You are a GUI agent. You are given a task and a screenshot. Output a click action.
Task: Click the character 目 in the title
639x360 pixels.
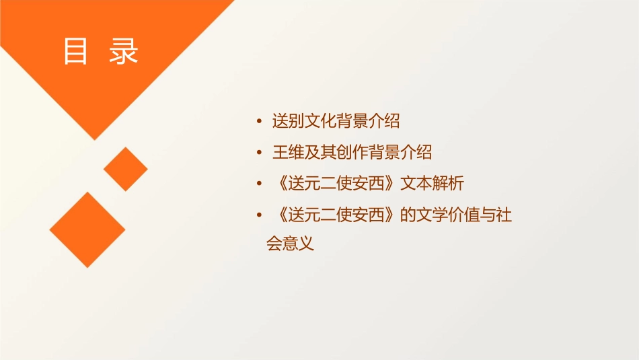point(75,52)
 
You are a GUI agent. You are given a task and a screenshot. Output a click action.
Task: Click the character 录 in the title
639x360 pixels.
point(124,52)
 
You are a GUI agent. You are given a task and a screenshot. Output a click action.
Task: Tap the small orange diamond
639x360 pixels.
point(125,169)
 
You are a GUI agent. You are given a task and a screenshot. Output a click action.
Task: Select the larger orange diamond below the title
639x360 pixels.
point(87,229)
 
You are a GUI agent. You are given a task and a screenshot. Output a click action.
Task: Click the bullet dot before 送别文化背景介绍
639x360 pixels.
point(260,122)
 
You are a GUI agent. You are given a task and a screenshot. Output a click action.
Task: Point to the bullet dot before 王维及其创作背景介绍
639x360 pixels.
point(260,153)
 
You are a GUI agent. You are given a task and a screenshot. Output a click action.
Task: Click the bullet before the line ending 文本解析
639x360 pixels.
point(260,184)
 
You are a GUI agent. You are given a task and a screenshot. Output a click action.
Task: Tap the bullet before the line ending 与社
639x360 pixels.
point(260,215)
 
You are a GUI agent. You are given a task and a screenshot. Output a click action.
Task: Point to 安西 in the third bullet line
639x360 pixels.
point(377,183)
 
